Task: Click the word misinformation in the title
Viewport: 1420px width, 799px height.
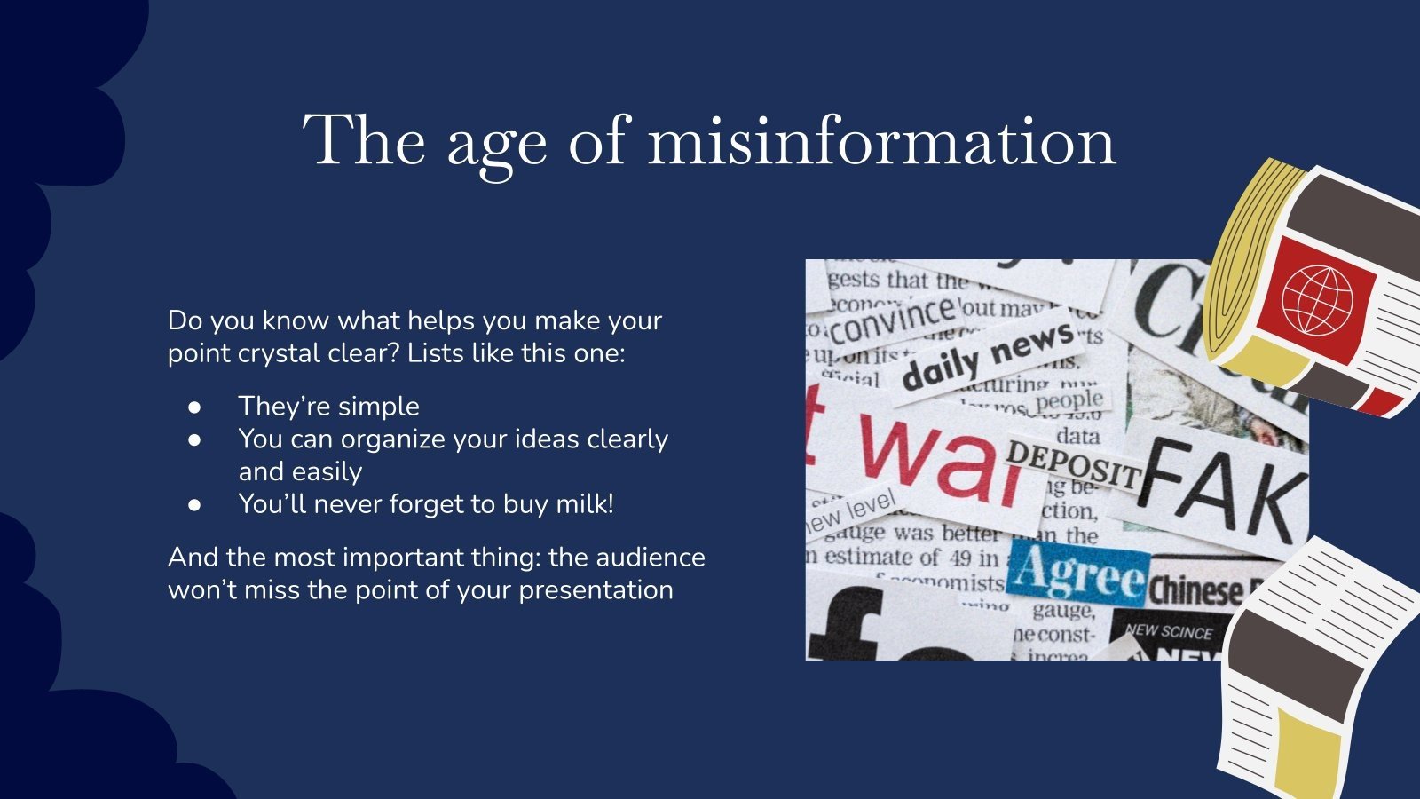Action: tap(881, 142)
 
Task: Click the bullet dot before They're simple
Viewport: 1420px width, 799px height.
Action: tap(195, 407)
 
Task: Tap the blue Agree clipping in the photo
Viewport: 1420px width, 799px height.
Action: tap(1079, 575)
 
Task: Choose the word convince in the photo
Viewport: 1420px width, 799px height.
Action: tap(892, 320)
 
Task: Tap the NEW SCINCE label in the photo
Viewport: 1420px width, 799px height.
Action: tap(1168, 631)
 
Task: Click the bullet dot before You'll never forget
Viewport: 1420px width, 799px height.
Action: tap(195, 504)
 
